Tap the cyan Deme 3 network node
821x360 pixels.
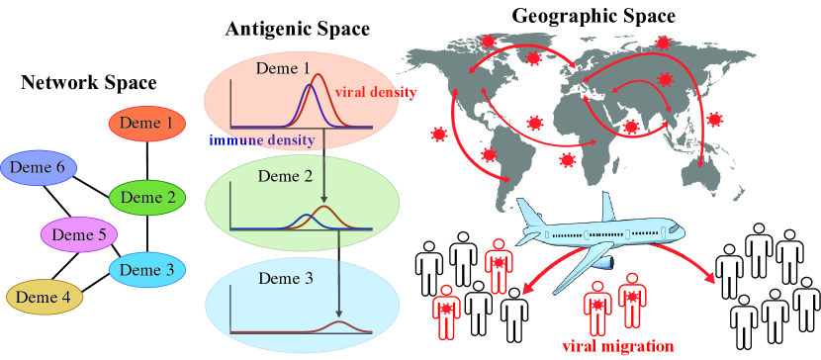click(145, 269)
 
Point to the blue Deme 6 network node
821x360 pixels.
click(39, 168)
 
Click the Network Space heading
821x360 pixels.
click(89, 84)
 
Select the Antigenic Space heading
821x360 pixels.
click(297, 30)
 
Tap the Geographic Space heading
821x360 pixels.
click(593, 16)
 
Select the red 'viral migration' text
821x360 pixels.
click(617, 346)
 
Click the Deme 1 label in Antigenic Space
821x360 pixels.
click(284, 70)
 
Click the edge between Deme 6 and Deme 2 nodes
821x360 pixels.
click(89, 181)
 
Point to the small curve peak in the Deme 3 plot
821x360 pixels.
click(340, 323)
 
